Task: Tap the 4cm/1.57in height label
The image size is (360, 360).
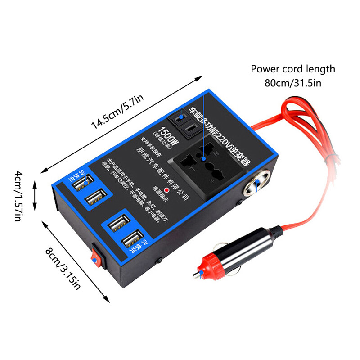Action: [x=18, y=195]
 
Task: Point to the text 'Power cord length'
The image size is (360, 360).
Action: [x=293, y=69]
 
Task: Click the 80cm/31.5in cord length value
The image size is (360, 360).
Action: [x=293, y=83]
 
